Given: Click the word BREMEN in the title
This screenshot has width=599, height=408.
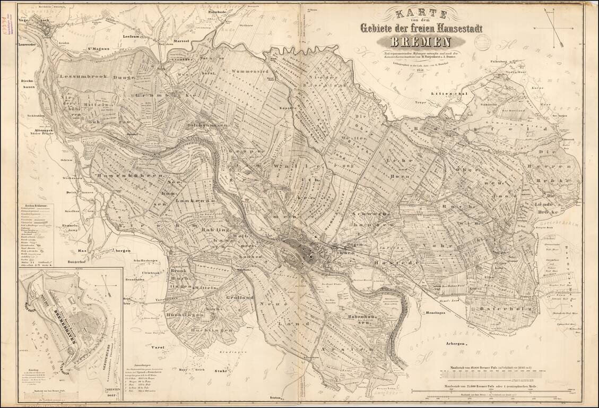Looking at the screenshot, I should coord(421,42).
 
